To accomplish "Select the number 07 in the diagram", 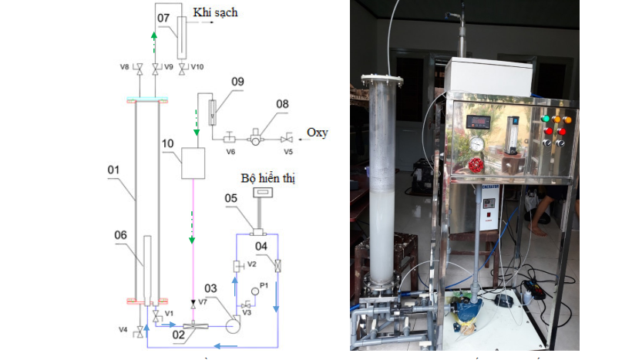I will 163,16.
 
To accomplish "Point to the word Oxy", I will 317,133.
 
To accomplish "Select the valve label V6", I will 230,152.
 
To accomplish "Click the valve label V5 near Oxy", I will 288,152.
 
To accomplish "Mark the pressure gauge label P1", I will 264,284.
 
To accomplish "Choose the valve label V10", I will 197,67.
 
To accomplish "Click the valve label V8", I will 125,68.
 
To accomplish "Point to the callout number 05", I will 230,198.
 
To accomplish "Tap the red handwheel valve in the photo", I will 476,167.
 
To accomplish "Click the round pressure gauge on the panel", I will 477,144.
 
